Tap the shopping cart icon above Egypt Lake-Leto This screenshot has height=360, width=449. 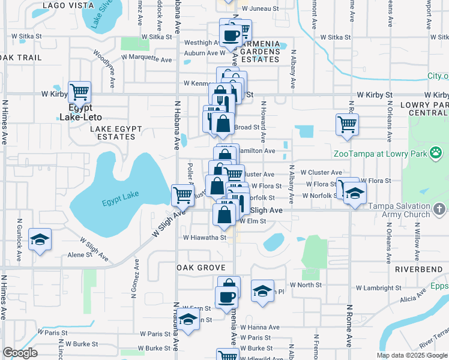tap(79, 92)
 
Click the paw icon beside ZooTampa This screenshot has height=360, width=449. tap(436, 154)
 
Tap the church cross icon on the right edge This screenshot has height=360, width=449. tap(439, 209)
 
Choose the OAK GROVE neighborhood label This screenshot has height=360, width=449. tap(201, 268)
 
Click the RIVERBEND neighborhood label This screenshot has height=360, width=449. tap(418, 269)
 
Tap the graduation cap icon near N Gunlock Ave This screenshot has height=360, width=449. tap(40, 239)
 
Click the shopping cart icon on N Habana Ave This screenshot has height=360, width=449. tap(182, 194)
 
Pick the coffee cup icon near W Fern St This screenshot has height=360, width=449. tap(227, 297)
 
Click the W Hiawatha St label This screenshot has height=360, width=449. tap(204, 238)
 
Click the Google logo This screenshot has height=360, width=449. tap(20, 353)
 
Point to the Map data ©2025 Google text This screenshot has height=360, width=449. tap(412, 355)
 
